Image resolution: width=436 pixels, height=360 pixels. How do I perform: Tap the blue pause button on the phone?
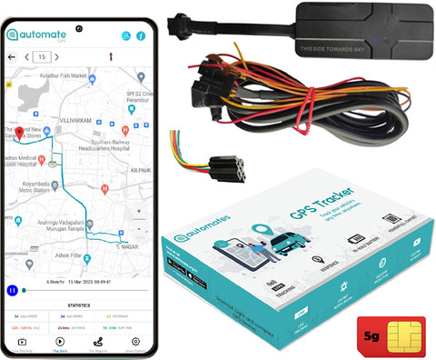coord(13,291)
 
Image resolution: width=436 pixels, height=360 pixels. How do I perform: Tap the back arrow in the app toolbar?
coord(13,57)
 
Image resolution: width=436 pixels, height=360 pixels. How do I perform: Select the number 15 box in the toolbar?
coord(41,57)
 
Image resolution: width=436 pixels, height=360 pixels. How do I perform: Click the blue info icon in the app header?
coord(141,36)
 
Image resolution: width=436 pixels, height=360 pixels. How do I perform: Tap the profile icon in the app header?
coord(126,36)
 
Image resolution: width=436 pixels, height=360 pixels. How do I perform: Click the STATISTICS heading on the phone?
coord(79,305)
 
